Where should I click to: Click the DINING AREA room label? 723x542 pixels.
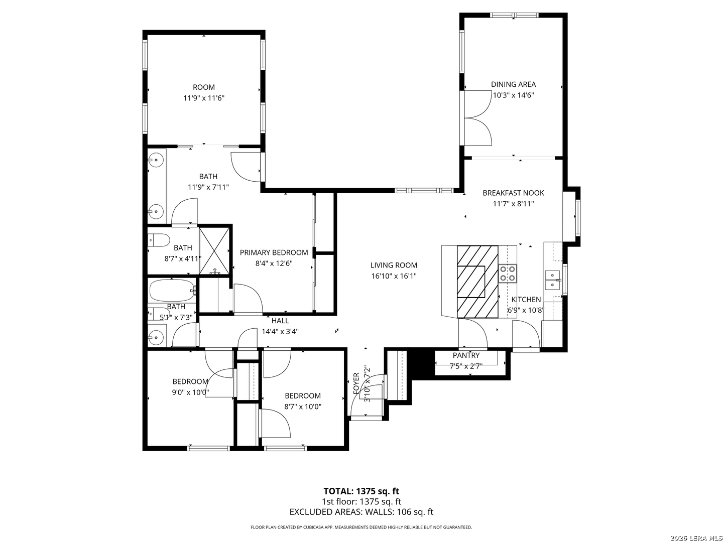(513, 84)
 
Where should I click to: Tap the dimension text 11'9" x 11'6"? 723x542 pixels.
(203, 98)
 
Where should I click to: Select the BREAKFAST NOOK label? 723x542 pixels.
(513, 193)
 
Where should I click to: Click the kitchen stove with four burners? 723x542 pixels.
(508, 274)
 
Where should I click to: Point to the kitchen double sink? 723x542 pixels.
(552, 280)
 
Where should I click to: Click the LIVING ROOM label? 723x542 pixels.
(394, 265)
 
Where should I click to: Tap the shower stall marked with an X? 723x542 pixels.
(214, 250)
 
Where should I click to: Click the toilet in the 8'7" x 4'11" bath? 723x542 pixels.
(160, 240)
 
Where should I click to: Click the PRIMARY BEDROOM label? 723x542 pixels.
(274, 252)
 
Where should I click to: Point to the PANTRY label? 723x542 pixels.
(466, 355)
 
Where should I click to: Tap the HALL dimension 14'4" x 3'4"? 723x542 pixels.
(280, 331)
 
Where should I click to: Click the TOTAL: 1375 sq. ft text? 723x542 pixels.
(361, 491)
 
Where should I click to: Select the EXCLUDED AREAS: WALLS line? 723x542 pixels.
(361, 512)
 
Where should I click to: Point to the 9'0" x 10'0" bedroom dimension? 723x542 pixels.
(190, 392)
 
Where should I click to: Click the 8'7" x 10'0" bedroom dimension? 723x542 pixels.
(302, 406)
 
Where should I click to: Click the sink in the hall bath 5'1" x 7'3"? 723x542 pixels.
(157, 337)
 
